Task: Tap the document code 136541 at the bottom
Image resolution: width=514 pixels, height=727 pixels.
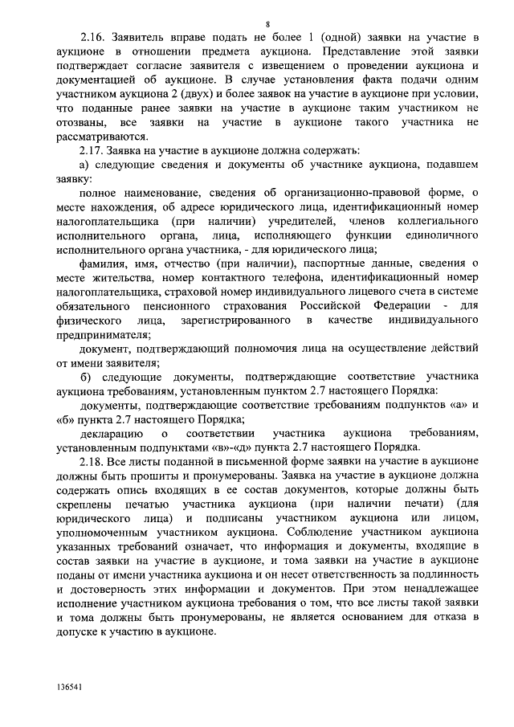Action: [x=70, y=688]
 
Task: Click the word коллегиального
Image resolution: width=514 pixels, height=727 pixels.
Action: [x=430, y=220]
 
